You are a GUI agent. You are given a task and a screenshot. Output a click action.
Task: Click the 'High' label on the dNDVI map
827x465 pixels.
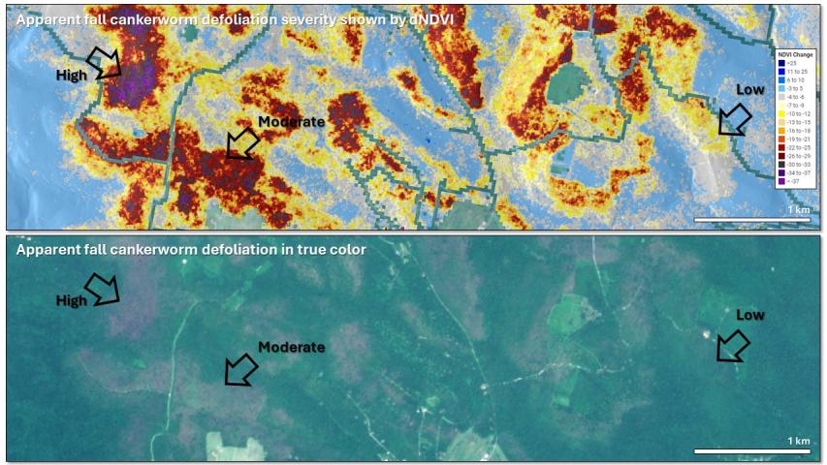pos(71,75)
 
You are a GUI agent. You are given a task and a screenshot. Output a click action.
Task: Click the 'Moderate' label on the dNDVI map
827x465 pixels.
pos(291,122)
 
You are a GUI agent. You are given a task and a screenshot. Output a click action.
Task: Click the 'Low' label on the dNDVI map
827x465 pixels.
pos(749,89)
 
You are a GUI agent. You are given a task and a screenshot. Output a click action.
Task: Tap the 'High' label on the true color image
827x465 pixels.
pos(71,300)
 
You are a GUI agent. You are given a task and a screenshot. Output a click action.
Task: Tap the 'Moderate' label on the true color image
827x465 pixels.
pos(291,347)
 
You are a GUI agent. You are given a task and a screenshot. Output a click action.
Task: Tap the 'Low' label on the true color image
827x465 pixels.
pos(749,315)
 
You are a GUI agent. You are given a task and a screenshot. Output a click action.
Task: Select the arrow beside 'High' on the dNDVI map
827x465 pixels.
pos(104,63)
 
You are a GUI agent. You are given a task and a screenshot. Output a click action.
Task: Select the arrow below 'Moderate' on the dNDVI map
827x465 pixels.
pos(241,143)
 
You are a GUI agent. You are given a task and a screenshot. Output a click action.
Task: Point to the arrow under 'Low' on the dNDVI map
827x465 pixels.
pos(734,120)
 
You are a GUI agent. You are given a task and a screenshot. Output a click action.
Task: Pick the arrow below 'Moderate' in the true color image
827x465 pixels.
pos(241,368)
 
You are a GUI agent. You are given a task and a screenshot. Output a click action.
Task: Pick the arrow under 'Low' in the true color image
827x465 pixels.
pos(734,345)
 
